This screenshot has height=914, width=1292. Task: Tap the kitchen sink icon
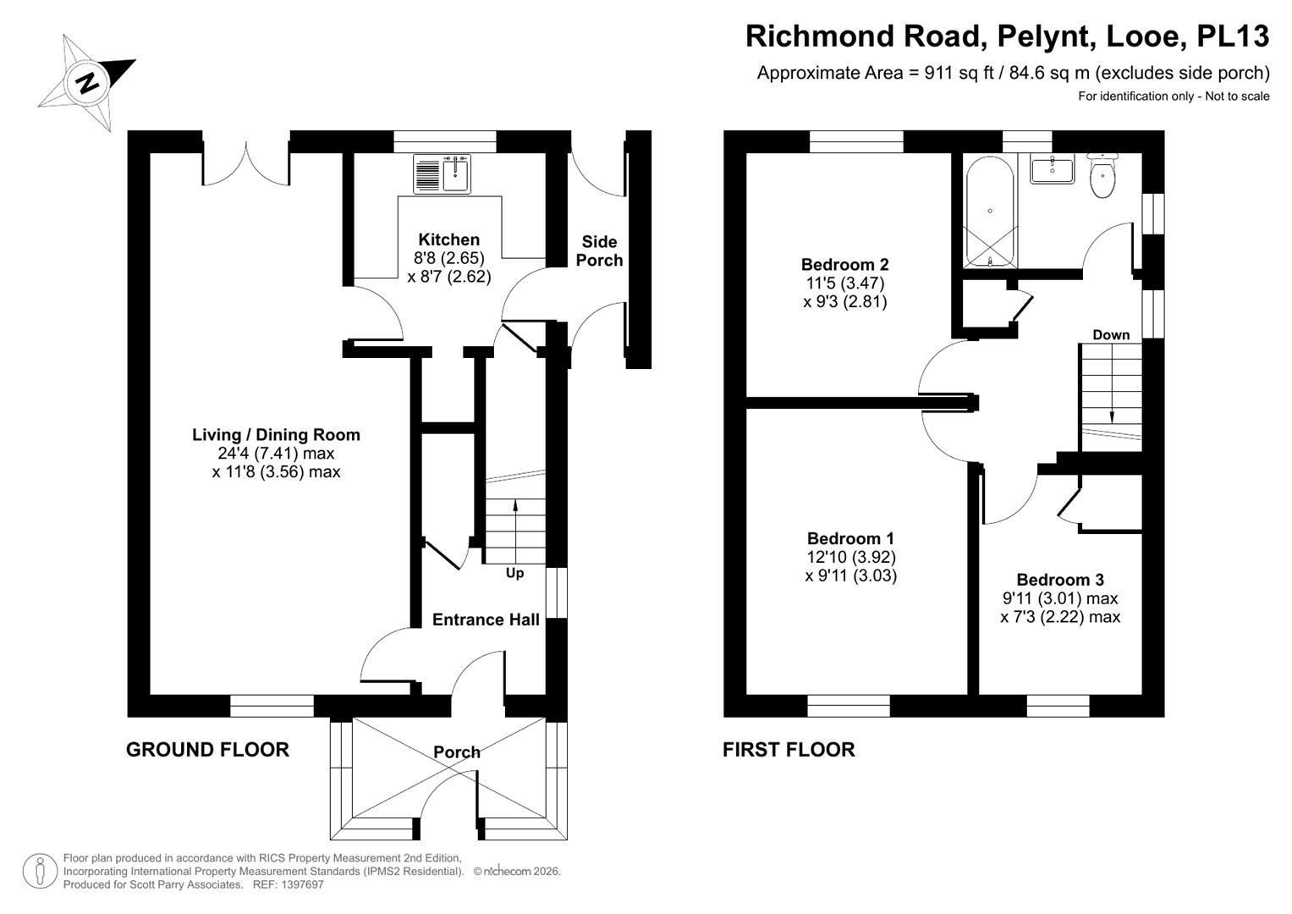(x=442, y=173)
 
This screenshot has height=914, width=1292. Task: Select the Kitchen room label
(x=448, y=240)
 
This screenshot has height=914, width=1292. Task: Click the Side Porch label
(x=599, y=251)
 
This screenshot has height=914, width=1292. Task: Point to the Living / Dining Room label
(x=276, y=435)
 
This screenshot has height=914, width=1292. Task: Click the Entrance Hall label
(x=486, y=619)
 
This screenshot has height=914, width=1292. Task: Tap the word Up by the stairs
(x=514, y=573)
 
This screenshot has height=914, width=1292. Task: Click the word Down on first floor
(x=1111, y=334)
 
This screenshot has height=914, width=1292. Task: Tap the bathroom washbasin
(x=1052, y=169)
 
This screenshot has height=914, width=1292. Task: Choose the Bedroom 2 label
(x=844, y=265)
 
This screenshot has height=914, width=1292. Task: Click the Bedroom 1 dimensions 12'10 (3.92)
(x=850, y=557)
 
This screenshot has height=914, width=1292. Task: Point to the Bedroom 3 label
(x=1060, y=580)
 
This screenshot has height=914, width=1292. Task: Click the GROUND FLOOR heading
(x=207, y=749)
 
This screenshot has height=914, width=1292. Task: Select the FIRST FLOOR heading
(x=789, y=749)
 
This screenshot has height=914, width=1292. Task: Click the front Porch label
(x=457, y=752)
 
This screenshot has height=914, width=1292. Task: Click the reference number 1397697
(x=302, y=884)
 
